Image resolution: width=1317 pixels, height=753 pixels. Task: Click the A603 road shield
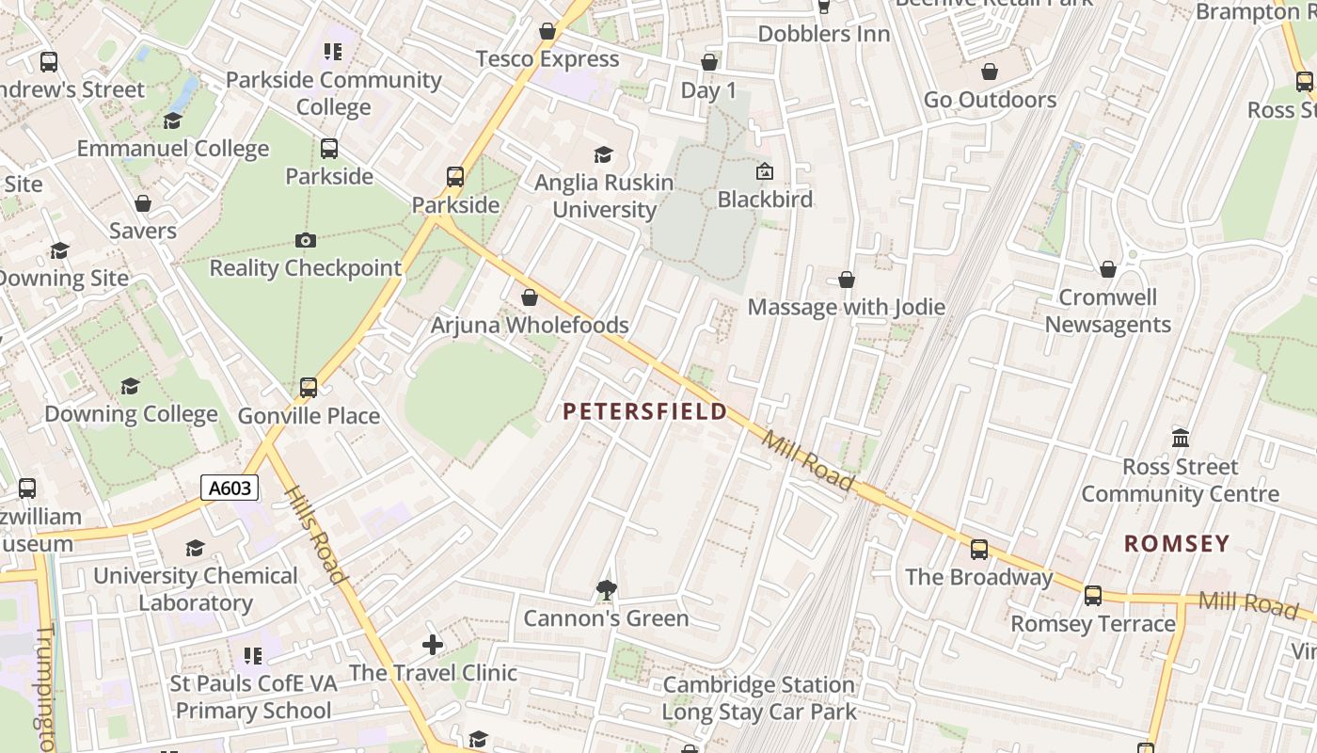coord(230,488)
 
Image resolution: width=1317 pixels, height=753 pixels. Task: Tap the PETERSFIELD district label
coord(645,411)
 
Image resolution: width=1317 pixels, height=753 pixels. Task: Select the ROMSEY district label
coord(1177,543)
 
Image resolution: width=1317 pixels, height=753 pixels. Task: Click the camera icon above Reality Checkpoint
coord(305,241)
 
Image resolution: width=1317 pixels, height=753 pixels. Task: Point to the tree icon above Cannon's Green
coord(607,591)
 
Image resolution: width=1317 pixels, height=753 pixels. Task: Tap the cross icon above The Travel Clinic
coord(433,645)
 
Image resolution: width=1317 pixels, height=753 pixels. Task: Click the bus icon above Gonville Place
coord(309,388)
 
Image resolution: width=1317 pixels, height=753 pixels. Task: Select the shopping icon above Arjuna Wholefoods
coord(530,298)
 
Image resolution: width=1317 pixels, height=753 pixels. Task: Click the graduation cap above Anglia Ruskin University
coord(603,155)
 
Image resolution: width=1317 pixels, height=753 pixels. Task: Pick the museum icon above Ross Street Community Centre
coord(1181,439)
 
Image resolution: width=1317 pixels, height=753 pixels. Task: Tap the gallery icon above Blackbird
coord(765,172)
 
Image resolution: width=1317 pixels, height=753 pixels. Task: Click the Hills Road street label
coord(314,535)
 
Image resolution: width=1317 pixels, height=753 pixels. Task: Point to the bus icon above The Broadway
coord(978,550)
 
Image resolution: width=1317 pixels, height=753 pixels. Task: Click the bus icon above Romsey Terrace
coord(1092,596)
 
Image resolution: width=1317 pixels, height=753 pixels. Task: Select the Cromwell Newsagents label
coord(1107,311)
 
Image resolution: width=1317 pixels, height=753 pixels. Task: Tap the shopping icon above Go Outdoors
coord(990,72)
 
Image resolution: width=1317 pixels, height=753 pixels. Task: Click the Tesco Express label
coord(547,59)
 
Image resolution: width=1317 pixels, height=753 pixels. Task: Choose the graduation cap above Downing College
coord(131,387)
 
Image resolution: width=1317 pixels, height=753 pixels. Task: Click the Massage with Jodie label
coord(846,307)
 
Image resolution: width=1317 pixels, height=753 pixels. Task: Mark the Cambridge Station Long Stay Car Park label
coord(759,697)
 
